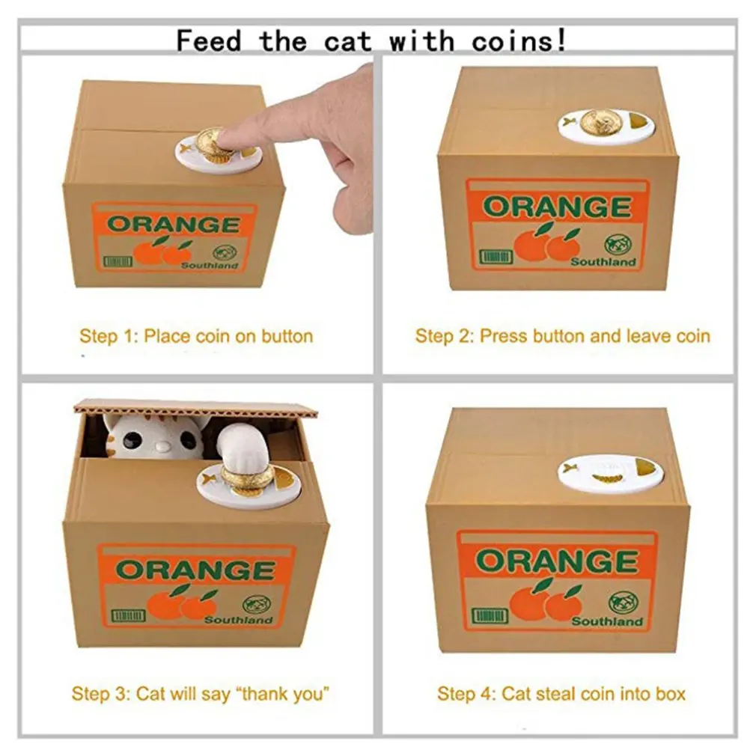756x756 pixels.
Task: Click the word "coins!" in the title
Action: coord(519,40)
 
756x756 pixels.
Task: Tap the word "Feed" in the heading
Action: coord(208,40)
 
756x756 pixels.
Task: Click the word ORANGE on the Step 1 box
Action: coord(174,225)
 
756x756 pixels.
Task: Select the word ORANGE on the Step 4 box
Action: coord(557,561)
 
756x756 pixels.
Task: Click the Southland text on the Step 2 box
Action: coord(603,262)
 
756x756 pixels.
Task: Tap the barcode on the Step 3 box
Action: coord(128,616)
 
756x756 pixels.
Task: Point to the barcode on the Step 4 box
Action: coord(490,617)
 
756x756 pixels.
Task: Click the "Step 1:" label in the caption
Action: coord(109,336)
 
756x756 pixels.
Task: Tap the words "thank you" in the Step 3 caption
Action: coord(285,694)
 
